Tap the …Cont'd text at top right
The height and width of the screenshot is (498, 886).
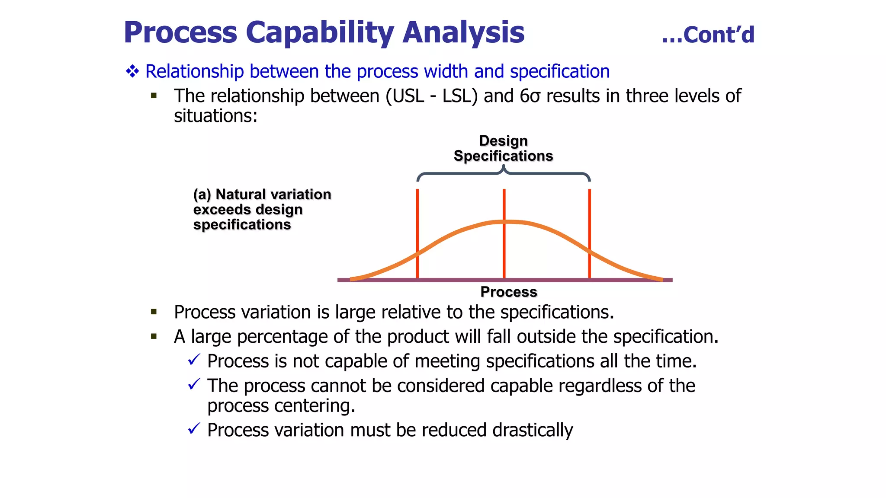coord(708,35)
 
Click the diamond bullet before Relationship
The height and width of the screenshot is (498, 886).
coord(132,71)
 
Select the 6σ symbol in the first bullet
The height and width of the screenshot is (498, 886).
coord(530,96)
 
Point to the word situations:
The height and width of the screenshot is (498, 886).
coord(215,116)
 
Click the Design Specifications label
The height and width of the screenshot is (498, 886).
coord(503,148)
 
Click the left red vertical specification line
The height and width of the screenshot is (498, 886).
coord(417,233)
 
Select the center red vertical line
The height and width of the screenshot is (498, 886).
coord(504,251)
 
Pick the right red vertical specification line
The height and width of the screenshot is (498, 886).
coord(590,233)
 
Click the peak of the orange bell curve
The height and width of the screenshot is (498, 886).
coord(504,222)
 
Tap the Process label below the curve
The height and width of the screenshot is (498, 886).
coord(509,292)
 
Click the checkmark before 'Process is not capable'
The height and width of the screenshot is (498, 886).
coord(194,360)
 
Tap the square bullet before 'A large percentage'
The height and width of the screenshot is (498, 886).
coord(154,336)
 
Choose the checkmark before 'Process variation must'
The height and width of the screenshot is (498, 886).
coord(194,429)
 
